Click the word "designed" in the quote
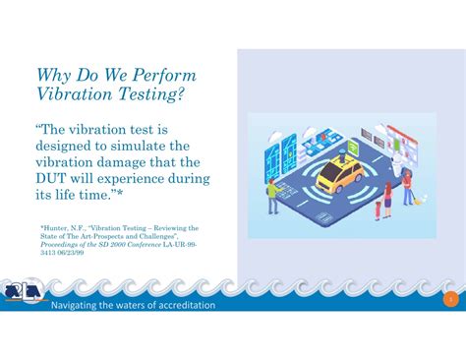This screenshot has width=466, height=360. pos(67,147)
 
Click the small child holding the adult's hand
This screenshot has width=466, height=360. pos(379,209)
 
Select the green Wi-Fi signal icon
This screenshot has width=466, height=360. pos(352,147)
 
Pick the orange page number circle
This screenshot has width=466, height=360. pos(450,298)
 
